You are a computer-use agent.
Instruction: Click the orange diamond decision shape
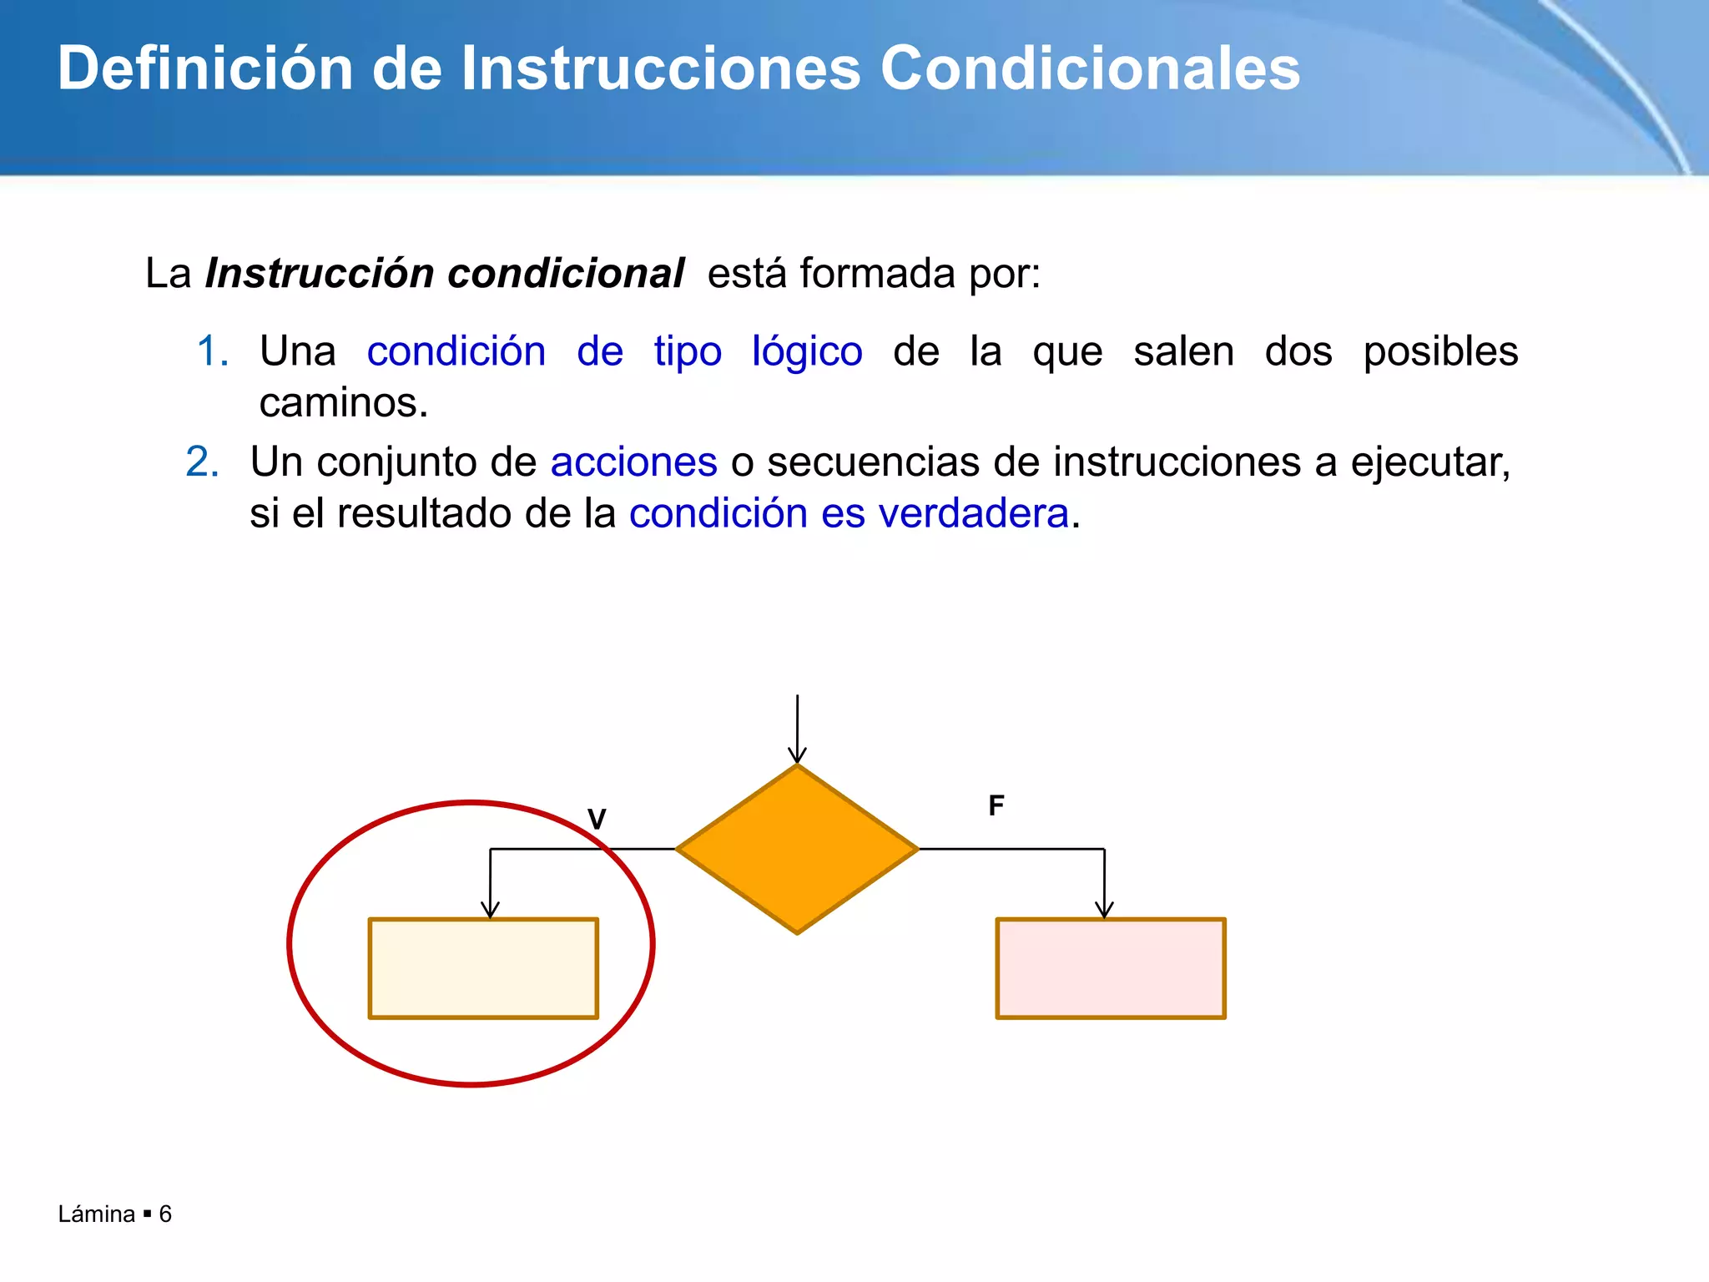point(797,849)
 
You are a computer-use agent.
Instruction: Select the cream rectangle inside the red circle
point(483,968)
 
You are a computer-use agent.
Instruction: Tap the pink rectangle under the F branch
point(1111,968)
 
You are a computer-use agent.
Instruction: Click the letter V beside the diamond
point(597,819)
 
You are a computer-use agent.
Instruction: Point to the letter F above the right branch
point(996,805)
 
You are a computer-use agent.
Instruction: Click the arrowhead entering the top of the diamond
point(797,755)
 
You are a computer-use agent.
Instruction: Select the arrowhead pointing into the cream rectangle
point(491,910)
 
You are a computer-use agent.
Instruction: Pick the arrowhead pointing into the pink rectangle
point(1104,910)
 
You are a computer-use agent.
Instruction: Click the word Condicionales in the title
point(1090,68)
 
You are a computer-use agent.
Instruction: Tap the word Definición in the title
point(205,68)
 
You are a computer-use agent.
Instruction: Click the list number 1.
point(212,351)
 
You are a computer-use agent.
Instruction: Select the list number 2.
point(202,462)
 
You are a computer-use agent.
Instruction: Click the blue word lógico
point(807,351)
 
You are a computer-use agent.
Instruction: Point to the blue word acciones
point(633,462)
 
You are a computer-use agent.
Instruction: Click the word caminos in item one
point(342,403)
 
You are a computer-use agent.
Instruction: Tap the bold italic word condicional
point(566,274)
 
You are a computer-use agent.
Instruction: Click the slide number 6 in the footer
point(165,1214)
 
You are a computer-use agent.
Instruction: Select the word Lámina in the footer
point(97,1214)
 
